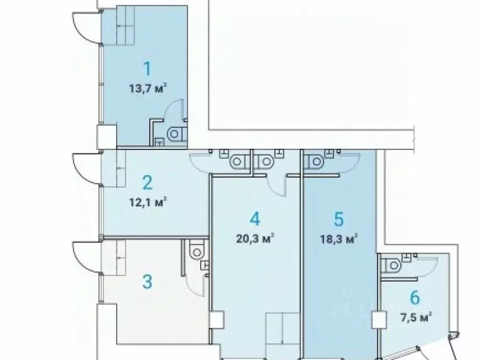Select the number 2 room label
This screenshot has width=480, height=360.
click(x=147, y=183)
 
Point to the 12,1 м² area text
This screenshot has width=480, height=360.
click(x=147, y=203)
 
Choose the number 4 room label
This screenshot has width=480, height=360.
click(x=254, y=219)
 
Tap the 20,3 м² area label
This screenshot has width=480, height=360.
click(x=254, y=239)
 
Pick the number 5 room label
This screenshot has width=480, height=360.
click(x=339, y=219)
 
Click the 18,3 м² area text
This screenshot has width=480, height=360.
click(x=339, y=239)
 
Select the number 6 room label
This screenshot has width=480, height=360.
click(x=415, y=298)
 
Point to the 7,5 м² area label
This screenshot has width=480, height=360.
click(x=415, y=316)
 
